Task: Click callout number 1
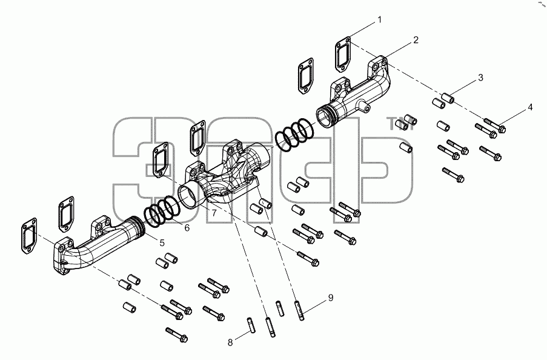380,20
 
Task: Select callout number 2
416,40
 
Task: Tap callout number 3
480,78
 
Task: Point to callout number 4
530,107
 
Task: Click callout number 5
162,242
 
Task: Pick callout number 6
187,228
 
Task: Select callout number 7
213,213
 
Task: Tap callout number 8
230,342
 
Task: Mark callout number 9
330,298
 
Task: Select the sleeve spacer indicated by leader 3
448,98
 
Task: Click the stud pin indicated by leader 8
252,325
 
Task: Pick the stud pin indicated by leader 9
300,310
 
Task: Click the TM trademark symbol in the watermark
401,124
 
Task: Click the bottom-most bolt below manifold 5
176,335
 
